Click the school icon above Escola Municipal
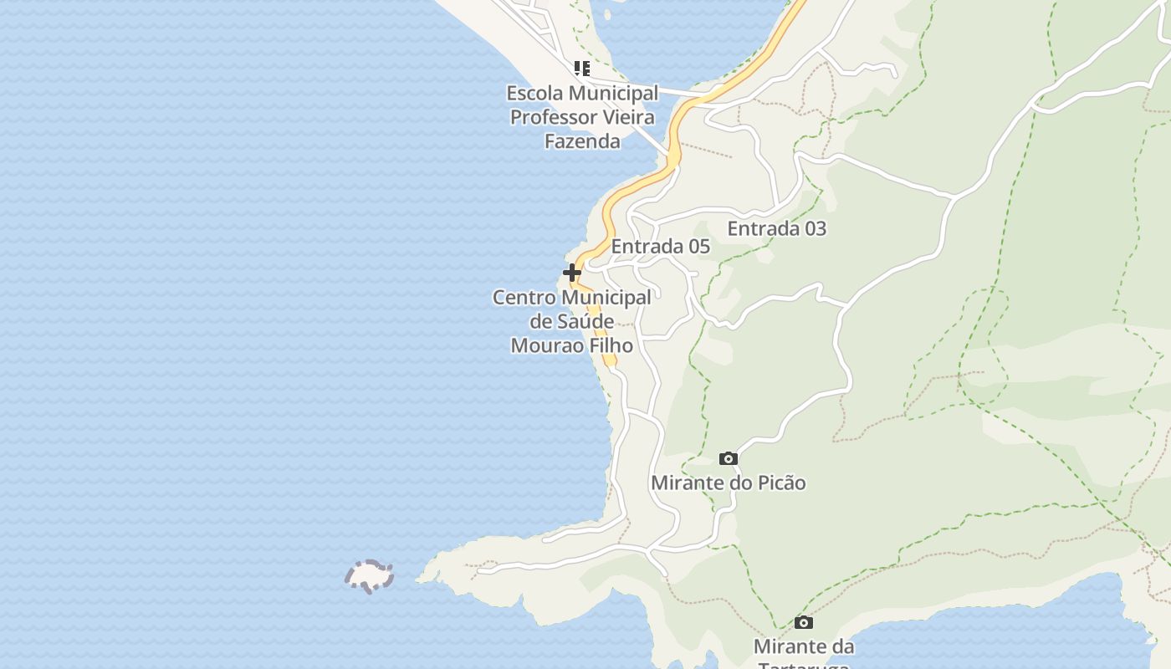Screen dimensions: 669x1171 click(581, 69)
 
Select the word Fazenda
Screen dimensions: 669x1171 click(582, 140)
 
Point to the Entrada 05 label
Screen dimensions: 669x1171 click(660, 247)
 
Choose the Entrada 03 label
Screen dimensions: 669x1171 click(776, 228)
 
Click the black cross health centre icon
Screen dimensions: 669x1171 click(572, 273)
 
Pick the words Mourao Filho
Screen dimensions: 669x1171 click(571, 345)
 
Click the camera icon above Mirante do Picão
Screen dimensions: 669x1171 click(729, 458)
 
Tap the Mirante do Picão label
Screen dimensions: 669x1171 click(728, 483)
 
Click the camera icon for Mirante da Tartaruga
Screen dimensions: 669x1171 click(804, 622)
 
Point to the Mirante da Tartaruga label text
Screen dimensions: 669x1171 click(803, 647)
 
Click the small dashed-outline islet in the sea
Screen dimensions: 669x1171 click(369, 576)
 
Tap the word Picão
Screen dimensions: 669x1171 click(780, 483)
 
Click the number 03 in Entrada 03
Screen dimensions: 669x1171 click(812, 228)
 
